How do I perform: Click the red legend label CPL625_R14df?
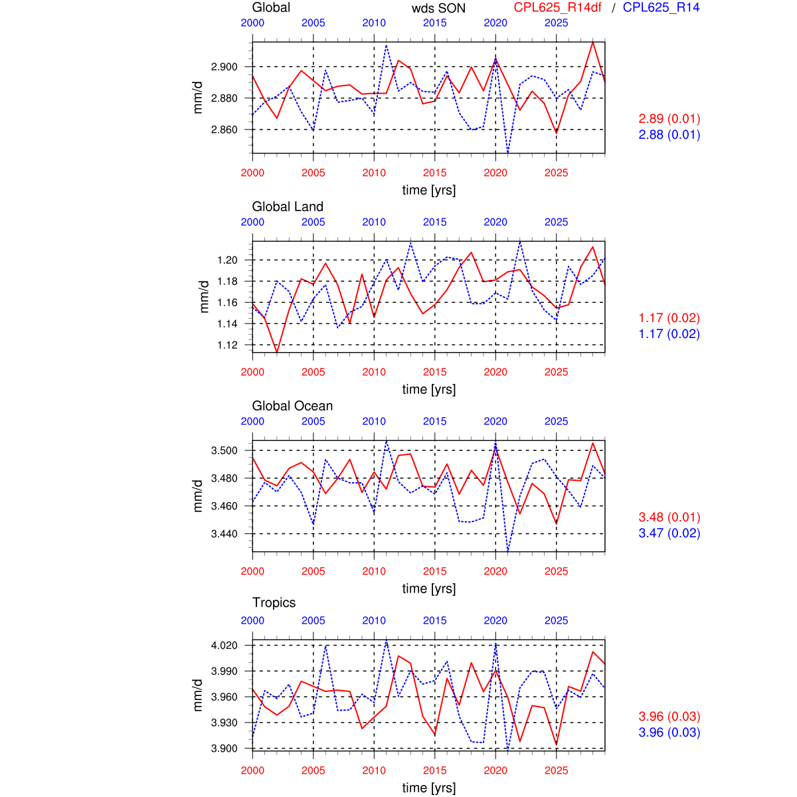point(558,7)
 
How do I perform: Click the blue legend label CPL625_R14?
point(661,7)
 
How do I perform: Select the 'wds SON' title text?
point(438,8)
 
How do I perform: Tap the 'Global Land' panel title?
point(288,207)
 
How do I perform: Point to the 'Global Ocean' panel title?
point(292,406)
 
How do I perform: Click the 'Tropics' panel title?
point(274,602)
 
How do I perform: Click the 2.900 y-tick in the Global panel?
point(224,66)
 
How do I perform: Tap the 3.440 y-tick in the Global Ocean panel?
point(224,533)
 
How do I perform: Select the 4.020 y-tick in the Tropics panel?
point(224,645)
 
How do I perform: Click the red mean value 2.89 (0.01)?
point(669,119)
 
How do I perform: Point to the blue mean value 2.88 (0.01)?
point(669,135)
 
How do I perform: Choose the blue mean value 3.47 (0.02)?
point(669,533)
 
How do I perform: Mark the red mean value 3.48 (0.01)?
point(669,517)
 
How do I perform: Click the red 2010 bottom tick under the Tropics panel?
point(374,770)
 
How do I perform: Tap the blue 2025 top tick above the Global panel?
point(557,23)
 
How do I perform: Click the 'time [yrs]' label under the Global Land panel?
point(429,389)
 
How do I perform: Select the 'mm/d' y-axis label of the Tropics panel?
point(197,695)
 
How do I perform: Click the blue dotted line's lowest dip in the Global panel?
point(508,152)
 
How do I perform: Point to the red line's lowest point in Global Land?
point(277,352)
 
